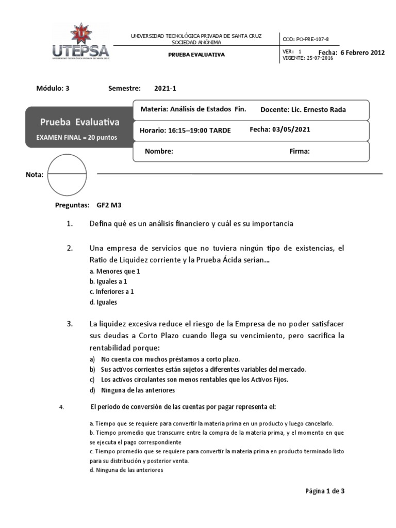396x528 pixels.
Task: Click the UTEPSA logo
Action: click(x=80, y=42)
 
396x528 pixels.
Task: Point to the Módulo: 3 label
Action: click(x=53, y=88)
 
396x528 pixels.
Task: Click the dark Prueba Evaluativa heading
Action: click(x=79, y=122)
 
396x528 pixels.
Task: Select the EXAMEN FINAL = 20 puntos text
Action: click(x=76, y=138)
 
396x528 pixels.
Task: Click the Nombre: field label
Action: click(x=159, y=152)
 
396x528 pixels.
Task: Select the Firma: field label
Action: click(x=299, y=152)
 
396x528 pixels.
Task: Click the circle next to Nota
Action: click(x=67, y=175)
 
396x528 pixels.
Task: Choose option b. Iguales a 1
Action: click(x=108, y=282)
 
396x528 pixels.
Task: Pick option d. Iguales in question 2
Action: click(x=103, y=303)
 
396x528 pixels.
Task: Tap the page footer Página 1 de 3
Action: click(x=324, y=491)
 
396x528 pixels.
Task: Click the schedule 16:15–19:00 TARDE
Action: click(x=185, y=130)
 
